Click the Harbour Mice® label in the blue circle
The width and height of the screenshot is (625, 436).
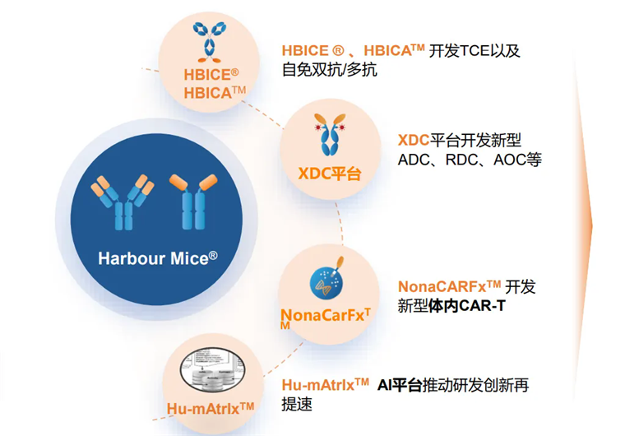pos(157,257)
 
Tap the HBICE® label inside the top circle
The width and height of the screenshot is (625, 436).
pos(211,75)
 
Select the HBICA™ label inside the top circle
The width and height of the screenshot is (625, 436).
pos(215,93)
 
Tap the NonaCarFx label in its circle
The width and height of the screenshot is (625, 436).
pos(326,314)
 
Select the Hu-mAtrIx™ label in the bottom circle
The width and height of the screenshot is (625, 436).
pos(211,407)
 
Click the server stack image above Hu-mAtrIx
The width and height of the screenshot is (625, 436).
pos(211,373)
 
